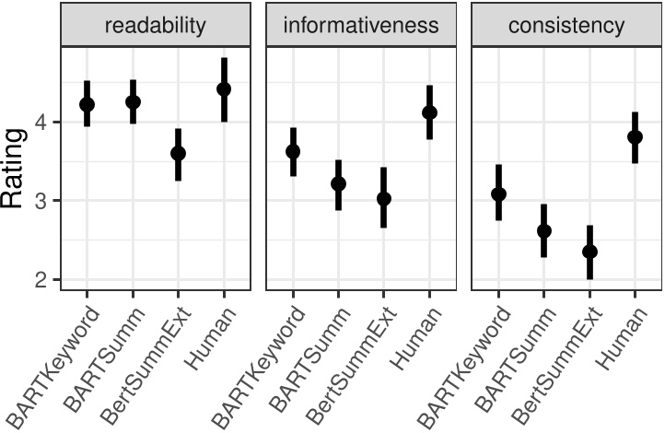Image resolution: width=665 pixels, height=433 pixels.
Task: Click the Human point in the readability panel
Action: click(223, 89)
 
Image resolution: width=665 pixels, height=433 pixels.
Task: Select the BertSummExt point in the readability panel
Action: click(178, 153)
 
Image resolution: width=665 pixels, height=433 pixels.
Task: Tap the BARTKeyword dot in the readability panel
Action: click(87, 104)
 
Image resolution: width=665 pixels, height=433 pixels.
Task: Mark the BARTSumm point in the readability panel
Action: click(133, 101)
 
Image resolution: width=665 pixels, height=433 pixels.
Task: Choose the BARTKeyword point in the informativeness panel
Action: click(293, 151)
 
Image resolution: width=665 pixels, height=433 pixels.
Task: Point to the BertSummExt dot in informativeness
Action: click(384, 198)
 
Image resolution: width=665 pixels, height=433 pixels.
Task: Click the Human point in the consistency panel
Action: click(635, 136)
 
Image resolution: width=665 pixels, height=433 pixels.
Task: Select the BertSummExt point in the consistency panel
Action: click(589, 252)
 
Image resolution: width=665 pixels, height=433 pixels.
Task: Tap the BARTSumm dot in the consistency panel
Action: click(544, 230)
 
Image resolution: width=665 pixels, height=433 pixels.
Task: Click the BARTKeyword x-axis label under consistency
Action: click(461, 359)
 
